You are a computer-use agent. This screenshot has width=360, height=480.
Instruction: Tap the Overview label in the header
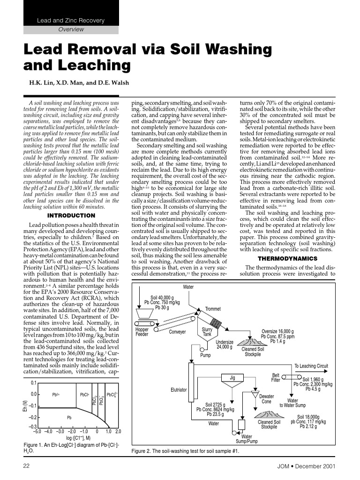71,30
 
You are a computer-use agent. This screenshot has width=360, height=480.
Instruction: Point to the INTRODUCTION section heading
71,216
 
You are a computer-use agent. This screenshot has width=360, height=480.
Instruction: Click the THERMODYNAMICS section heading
287,258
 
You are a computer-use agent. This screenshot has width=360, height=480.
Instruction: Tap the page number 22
27,465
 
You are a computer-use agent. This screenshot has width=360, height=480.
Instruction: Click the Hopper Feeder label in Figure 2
142,332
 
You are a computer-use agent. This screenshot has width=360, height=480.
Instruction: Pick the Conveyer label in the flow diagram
177,332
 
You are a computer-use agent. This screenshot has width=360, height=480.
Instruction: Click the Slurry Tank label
207,332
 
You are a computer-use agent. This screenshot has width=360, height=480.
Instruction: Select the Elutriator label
179,390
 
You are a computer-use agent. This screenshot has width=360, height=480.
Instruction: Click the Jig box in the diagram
232,377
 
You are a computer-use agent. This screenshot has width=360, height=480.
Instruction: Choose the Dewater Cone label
266,399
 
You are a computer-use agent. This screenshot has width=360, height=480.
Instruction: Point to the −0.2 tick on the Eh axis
33,417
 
